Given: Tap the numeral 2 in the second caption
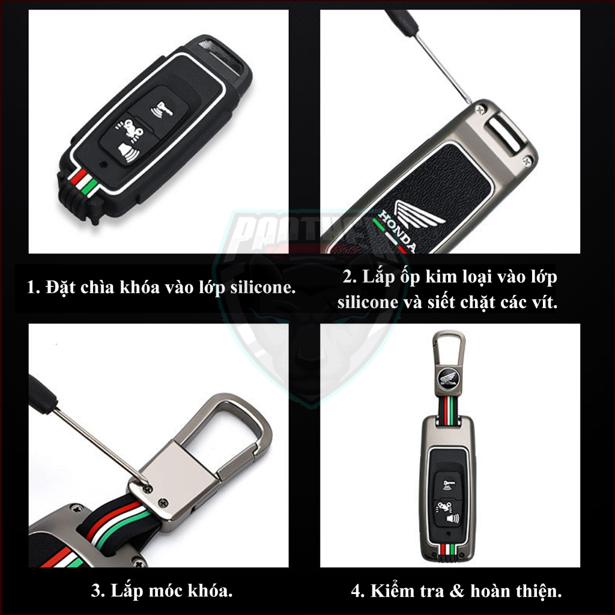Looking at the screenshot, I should click(x=347, y=277).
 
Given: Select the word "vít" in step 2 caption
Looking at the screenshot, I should click(x=545, y=302).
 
